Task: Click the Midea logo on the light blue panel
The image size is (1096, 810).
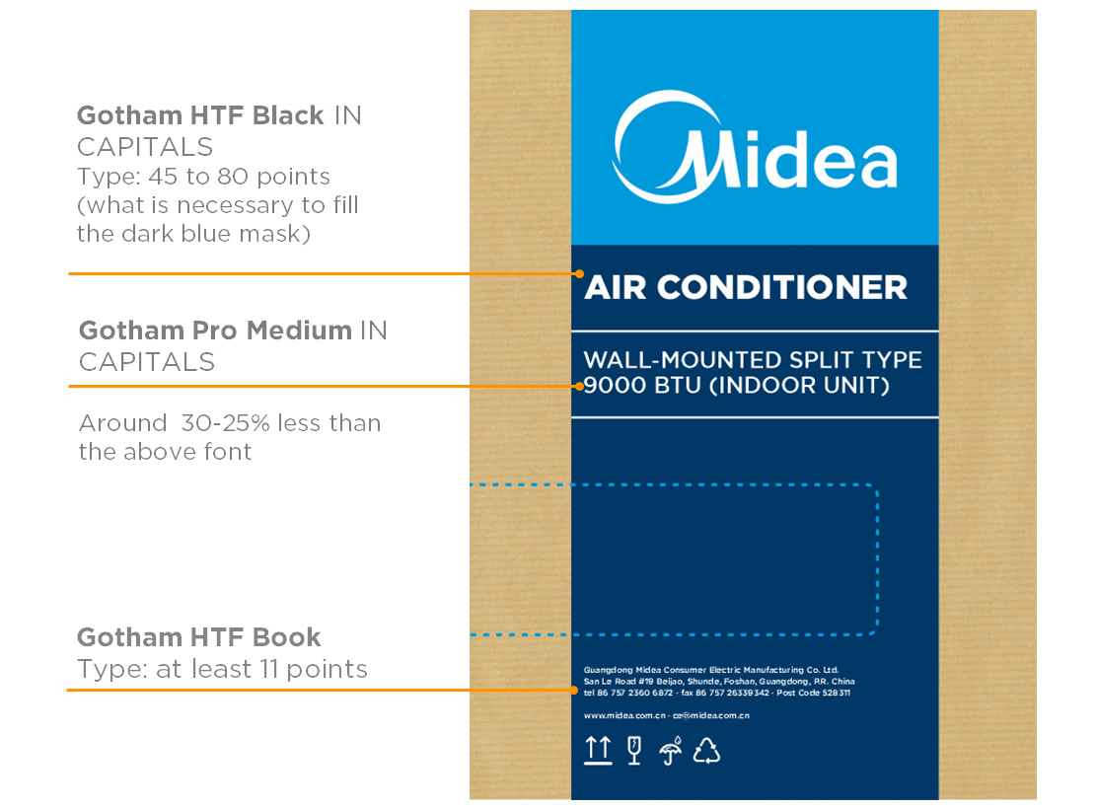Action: [x=755, y=147]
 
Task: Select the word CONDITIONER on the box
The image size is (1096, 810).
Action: [x=782, y=287]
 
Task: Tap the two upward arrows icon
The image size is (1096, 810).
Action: [x=599, y=751]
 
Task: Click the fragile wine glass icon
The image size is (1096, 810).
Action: [x=634, y=751]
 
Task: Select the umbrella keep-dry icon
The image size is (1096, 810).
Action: [x=670, y=751]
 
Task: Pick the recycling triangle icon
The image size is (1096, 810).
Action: [x=706, y=751]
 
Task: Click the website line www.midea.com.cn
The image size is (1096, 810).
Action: [x=624, y=715]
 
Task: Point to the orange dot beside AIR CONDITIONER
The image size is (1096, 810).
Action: [x=579, y=274]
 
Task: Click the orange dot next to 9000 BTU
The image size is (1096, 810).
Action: [x=579, y=386]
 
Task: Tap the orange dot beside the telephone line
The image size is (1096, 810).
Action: [x=574, y=691]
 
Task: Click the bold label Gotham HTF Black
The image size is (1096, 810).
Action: [x=200, y=115]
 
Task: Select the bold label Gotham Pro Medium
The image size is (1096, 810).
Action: [x=215, y=331]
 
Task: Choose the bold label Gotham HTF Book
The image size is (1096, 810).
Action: [x=198, y=637]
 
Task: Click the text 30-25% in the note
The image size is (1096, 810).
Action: [x=225, y=423]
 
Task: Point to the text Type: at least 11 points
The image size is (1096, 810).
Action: [x=222, y=670]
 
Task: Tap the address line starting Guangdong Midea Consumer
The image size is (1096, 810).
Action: [x=711, y=670]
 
